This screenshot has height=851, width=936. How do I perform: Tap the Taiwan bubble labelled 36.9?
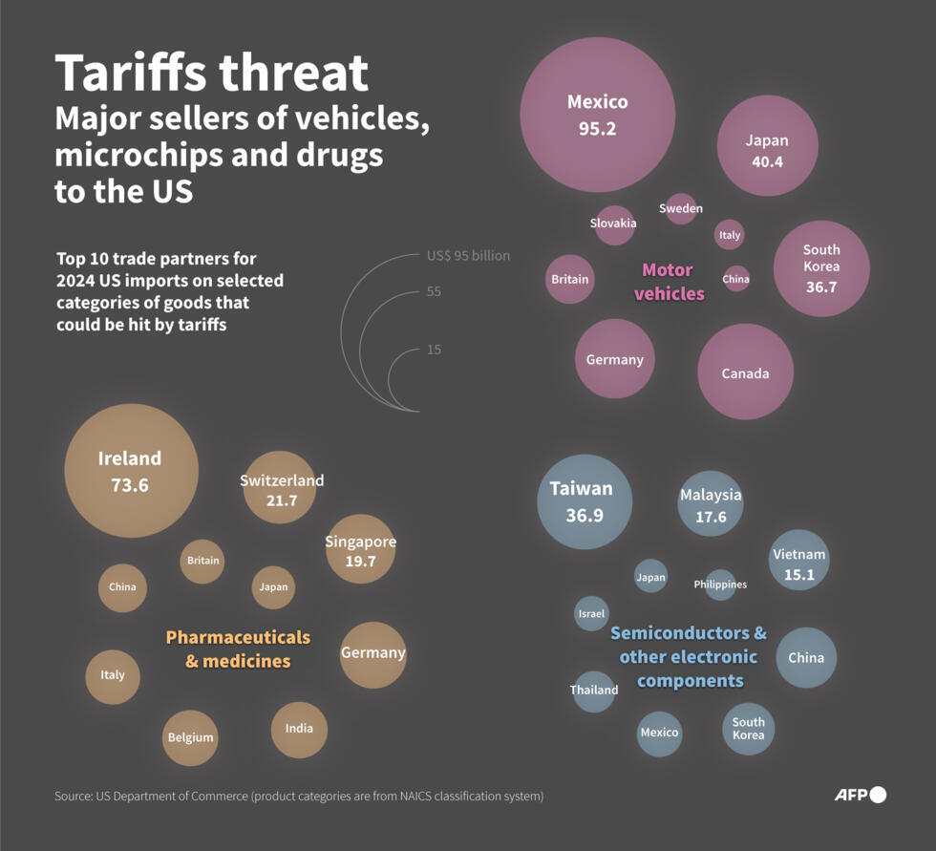(x=585, y=501)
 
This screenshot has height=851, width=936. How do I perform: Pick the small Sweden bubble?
(x=681, y=208)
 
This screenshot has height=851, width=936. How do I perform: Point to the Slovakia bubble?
(x=614, y=223)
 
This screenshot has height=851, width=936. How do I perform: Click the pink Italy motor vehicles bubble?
(x=729, y=235)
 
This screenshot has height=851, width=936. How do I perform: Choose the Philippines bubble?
(x=720, y=584)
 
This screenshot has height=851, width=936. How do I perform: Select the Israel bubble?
(x=591, y=613)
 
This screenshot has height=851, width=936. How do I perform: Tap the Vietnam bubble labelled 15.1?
(x=799, y=561)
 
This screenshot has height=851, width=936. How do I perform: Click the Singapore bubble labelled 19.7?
(x=360, y=549)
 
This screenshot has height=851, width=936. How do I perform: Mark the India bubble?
(x=299, y=729)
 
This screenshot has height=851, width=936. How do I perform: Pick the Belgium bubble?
(x=190, y=737)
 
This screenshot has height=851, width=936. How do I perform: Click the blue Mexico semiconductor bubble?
(x=659, y=733)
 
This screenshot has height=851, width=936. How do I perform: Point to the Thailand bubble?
(x=594, y=691)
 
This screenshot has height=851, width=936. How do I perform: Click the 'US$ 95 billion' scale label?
(x=468, y=256)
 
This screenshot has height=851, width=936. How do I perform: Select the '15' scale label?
(x=434, y=350)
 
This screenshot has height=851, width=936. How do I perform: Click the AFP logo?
(x=860, y=795)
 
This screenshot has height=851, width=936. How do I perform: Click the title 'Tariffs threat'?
(x=211, y=74)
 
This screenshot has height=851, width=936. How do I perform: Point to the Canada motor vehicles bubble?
(x=745, y=372)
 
